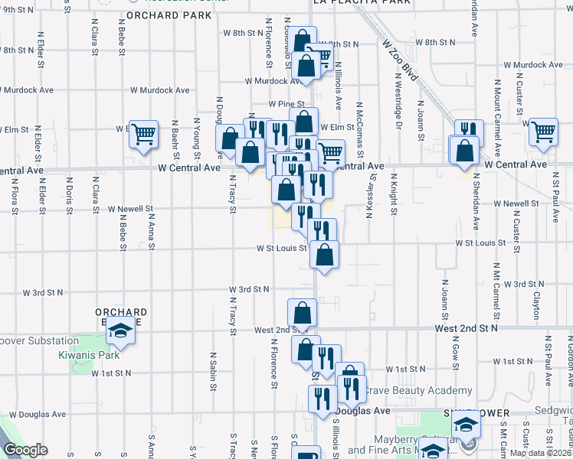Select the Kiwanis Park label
[x=90, y=355]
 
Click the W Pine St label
[x=286, y=103]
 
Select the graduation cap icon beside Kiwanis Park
[x=120, y=332]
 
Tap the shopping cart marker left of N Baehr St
[x=143, y=134]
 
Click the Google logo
[x=25, y=450]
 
